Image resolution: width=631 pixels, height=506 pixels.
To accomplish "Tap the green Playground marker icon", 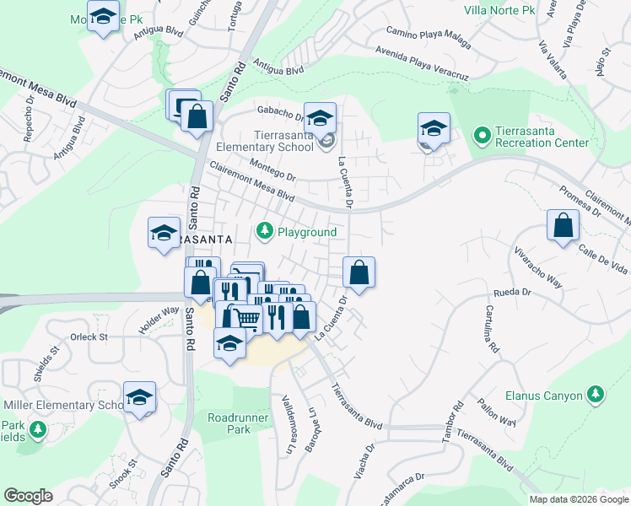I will coord(265,230).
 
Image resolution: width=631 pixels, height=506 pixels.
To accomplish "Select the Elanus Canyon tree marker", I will coord(596,394).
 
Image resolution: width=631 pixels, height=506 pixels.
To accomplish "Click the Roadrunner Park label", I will coord(229,423).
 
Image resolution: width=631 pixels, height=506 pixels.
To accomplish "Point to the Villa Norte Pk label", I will coord(500,11).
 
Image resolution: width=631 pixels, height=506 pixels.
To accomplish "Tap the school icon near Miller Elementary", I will coord(140,396).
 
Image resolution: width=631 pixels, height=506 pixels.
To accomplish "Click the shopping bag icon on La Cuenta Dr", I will coord(359,272).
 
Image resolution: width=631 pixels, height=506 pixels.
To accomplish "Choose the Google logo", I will coord(28,495).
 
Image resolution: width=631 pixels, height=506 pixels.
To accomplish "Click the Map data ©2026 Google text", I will coord(579,499).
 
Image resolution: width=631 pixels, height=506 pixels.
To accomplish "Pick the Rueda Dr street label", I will coord(510,294).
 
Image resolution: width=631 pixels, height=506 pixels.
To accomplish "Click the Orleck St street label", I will coord(89,336).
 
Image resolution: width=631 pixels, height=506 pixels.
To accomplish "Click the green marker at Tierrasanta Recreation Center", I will coord(482,135).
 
